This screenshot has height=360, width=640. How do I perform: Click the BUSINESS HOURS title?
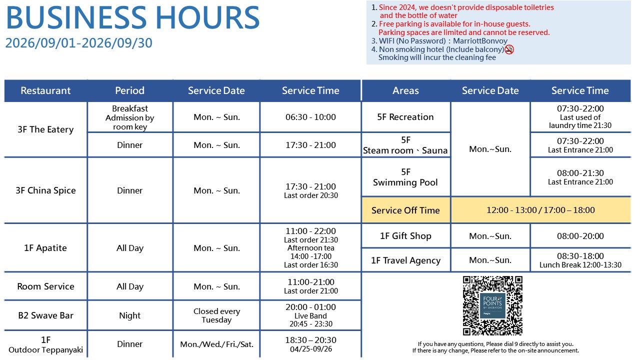[x=133, y=17]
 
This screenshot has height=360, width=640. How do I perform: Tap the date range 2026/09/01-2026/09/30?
[x=79, y=43]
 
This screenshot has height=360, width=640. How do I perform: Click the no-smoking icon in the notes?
[x=509, y=49]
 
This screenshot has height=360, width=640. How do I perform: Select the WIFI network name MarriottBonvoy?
[x=480, y=41]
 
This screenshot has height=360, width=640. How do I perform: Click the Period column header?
[x=129, y=90]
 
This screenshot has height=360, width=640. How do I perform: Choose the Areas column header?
[x=405, y=90]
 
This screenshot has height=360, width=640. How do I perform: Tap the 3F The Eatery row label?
[x=45, y=129]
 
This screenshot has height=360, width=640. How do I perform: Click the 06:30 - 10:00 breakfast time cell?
[x=311, y=117]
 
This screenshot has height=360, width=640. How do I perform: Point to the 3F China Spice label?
[x=45, y=190]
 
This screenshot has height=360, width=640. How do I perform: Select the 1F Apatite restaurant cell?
[x=45, y=247]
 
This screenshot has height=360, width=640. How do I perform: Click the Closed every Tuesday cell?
[x=216, y=315]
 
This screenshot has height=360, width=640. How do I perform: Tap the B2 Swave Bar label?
[x=45, y=315]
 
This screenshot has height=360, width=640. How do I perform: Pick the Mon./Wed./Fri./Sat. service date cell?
[x=216, y=344]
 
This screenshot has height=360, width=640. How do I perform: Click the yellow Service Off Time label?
[x=405, y=210]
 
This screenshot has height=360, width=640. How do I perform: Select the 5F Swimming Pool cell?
[x=405, y=177]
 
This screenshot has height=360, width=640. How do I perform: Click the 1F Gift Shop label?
[x=405, y=236]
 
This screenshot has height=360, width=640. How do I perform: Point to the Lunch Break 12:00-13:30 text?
[x=580, y=265]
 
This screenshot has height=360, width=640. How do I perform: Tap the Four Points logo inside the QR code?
[x=492, y=305]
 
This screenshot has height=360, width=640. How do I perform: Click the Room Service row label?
[x=45, y=286]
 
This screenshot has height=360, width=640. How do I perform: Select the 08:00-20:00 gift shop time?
[x=580, y=236]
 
